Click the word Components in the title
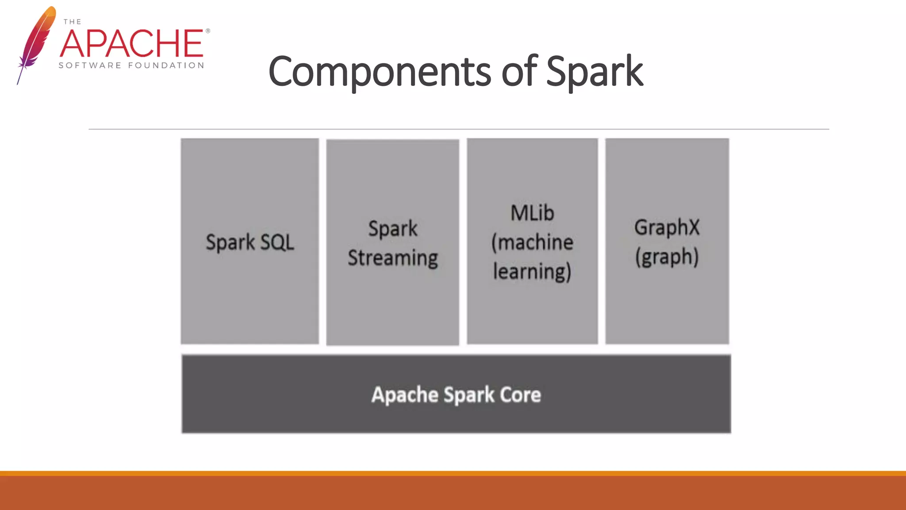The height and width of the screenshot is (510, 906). point(380,72)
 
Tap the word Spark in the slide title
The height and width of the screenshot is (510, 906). point(594,72)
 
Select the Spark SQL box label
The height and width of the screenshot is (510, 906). point(250,242)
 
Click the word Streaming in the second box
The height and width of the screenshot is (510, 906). point(392,258)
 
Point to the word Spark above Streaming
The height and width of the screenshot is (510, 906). point(392,229)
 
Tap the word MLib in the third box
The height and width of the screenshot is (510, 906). point(532,213)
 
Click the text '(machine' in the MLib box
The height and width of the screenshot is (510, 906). point(532,243)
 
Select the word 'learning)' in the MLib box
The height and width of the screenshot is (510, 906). point(532,272)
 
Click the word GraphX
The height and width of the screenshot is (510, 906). point(667,228)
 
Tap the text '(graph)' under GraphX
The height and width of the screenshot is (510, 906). point(667,257)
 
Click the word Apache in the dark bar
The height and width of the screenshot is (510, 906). point(404,394)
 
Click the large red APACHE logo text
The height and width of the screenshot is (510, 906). point(132,43)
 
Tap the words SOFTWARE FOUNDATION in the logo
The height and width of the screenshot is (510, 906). point(131,66)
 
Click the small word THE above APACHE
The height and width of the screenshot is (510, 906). point(72,22)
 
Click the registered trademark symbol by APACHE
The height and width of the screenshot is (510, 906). point(207,31)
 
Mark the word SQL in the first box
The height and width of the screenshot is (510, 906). point(277,242)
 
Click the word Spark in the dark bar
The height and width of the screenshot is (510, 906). point(469,394)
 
